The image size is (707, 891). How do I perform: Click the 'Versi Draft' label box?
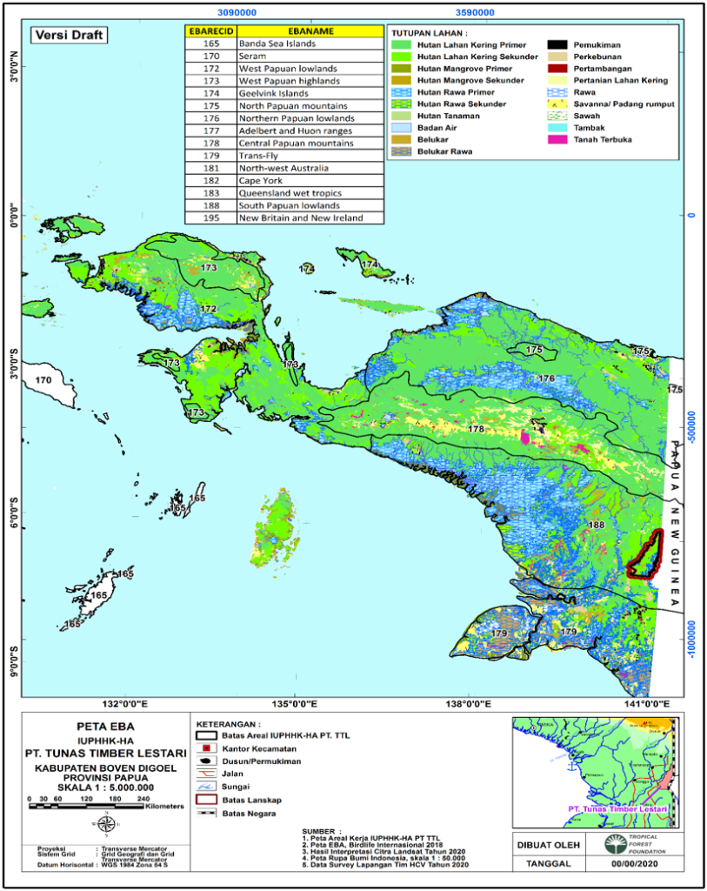(69, 35)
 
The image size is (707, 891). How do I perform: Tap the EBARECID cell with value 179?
(210, 156)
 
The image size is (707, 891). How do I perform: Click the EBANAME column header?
(310, 30)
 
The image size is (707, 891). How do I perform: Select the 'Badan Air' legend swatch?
(401, 127)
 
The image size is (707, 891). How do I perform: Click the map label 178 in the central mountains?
(476, 429)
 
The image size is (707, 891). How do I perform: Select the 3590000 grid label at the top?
(476, 14)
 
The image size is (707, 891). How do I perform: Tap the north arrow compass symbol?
(105, 824)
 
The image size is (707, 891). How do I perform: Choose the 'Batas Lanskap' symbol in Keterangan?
(205, 800)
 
